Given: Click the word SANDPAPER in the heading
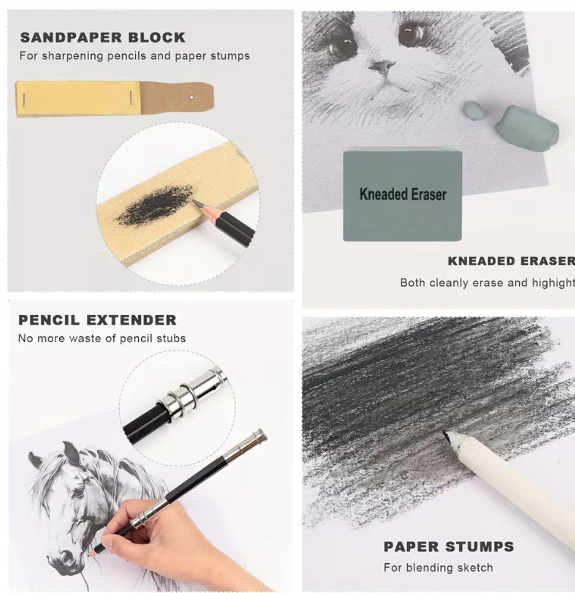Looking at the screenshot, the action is [x=71, y=37].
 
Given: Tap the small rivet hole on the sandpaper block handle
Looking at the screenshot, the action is [x=191, y=98].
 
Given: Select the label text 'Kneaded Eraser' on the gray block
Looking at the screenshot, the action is [x=403, y=194].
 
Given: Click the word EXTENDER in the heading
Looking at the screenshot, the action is [x=132, y=320].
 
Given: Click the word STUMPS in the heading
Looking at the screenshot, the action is [x=479, y=546].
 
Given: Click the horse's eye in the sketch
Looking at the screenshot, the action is [x=78, y=493].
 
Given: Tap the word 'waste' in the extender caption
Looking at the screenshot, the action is [x=85, y=338].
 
